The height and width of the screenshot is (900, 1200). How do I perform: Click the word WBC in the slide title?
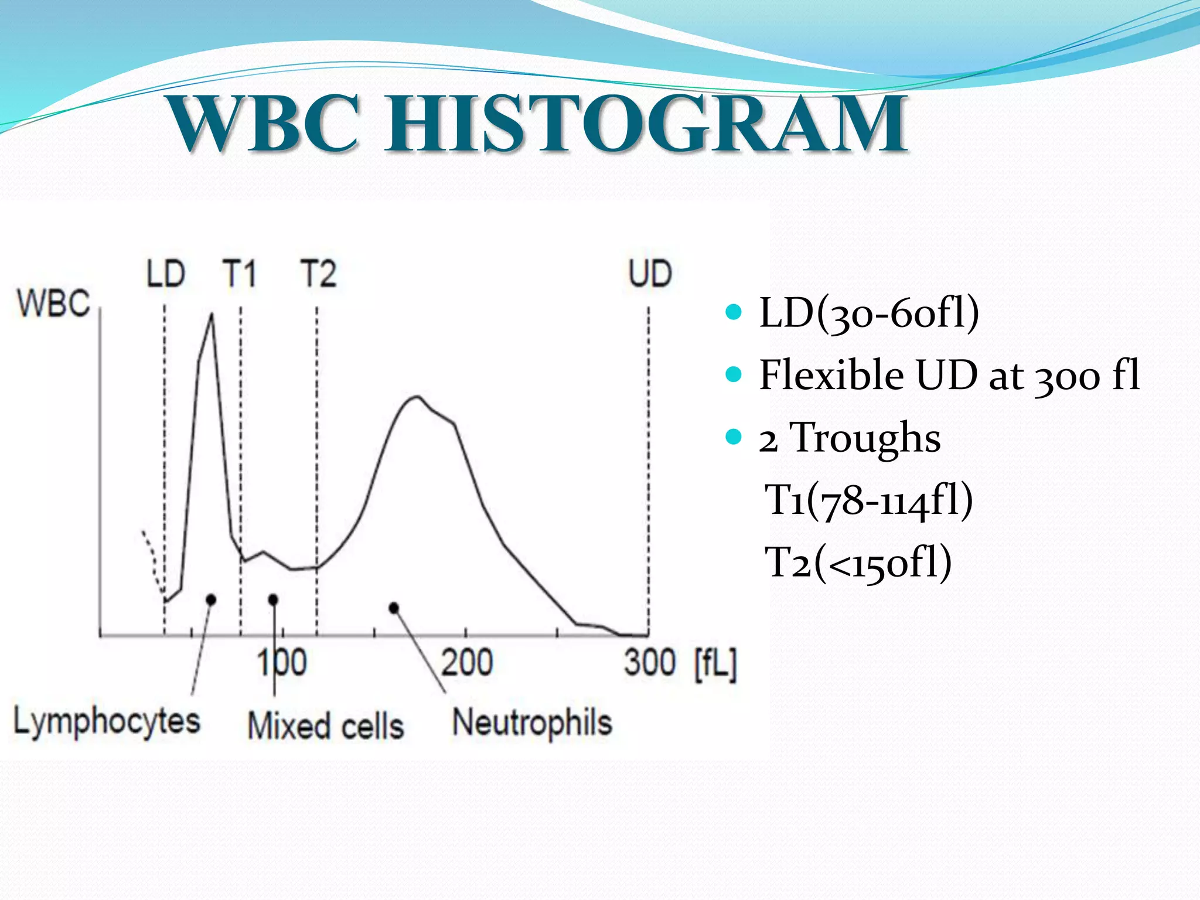[263, 124]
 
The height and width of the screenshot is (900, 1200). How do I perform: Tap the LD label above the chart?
[166, 274]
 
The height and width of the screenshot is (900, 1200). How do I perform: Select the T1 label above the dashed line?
[240, 274]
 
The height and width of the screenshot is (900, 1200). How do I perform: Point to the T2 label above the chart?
[318, 274]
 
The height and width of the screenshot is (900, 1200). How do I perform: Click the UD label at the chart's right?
[650, 274]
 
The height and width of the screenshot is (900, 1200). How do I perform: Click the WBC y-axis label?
[54, 304]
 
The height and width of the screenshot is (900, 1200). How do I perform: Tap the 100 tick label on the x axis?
[282, 663]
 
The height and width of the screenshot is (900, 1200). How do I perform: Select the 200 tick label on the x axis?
[467, 663]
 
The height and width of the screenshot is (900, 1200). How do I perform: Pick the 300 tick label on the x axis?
[650, 663]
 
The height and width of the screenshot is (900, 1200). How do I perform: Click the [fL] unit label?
[715, 664]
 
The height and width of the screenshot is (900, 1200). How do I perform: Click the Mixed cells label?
[326, 725]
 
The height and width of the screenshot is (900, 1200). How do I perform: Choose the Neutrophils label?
[532, 722]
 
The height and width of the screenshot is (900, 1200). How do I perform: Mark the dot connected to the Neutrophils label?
[394, 608]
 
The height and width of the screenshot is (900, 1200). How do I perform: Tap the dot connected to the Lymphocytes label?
[211, 599]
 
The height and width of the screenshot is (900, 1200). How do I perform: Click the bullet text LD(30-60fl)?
[868, 313]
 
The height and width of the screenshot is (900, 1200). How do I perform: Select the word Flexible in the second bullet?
[831, 375]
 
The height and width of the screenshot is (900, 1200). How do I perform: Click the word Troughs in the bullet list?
[865, 438]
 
